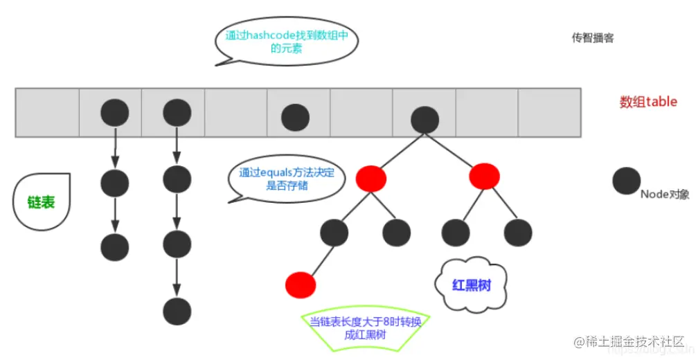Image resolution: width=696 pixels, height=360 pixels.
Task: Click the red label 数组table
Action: click(x=648, y=102)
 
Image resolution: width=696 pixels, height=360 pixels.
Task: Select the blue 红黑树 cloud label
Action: click(x=471, y=285)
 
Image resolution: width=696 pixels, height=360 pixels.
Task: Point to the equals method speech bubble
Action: click(x=286, y=179)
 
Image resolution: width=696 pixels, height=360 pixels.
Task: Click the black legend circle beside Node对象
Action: click(x=626, y=181)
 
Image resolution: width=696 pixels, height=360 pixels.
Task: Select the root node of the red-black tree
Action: click(x=425, y=119)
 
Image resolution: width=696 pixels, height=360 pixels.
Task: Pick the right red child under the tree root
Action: click(x=484, y=177)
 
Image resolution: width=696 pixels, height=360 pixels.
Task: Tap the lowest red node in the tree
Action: click(x=300, y=285)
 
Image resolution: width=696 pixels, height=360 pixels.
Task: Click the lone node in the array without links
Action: click(x=296, y=118)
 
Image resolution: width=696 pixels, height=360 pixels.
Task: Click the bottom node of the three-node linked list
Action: click(x=114, y=246)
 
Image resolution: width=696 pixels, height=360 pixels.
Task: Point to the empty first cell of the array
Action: click(x=47, y=112)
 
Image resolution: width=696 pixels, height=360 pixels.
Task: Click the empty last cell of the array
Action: click(x=548, y=112)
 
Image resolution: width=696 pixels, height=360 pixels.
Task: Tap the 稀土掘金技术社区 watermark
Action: click(x=626, y=343)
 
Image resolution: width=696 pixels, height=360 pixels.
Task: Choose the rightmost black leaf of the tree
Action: click(x=518, y=233)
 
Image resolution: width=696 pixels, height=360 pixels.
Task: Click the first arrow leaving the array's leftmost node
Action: click(x=114, y=147)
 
